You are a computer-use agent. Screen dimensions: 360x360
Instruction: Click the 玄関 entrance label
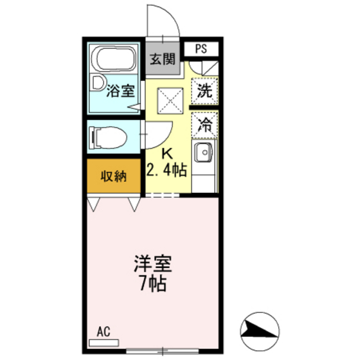(163, 59)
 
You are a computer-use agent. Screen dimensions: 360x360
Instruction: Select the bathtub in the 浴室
(113, 59)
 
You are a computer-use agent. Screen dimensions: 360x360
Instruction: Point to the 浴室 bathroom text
(121, 91)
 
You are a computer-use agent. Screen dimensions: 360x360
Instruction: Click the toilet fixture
(105, 137)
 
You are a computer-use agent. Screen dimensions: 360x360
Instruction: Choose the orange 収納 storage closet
(113, 176)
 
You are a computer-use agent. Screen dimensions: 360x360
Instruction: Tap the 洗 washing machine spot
(205, 91)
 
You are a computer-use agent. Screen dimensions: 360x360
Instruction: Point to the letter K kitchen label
(166, 154)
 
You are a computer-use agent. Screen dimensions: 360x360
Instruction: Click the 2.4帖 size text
(166, 170)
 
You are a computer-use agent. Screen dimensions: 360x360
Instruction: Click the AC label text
(104, 332)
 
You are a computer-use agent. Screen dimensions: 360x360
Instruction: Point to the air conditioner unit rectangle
(104, 343)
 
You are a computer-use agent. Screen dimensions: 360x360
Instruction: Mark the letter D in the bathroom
(97, 84)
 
